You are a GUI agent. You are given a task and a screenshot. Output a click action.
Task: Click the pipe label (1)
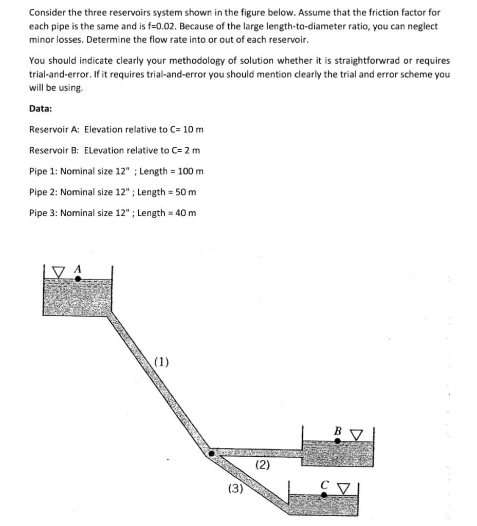click(161, 362)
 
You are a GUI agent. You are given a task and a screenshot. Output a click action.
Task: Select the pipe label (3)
click(235, 488)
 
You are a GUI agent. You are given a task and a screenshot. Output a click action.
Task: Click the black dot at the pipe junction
click(211, 453)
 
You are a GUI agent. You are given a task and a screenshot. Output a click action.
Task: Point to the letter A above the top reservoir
click(78, 268)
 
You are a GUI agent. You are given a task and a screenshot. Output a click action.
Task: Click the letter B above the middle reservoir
click(338, 431)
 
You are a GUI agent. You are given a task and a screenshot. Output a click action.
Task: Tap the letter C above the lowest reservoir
click(324, 484)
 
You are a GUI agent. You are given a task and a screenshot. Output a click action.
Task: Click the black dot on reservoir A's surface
click(78, 279)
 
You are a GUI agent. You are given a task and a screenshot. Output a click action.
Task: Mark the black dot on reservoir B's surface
click(338, 440)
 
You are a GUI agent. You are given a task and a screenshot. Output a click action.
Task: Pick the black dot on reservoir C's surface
click(324, 495)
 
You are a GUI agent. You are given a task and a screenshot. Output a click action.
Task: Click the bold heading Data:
click(41, 108)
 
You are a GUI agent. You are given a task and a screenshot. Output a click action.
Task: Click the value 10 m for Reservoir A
click(193, 129)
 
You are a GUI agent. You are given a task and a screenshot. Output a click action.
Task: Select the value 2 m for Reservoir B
click(192, 150)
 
